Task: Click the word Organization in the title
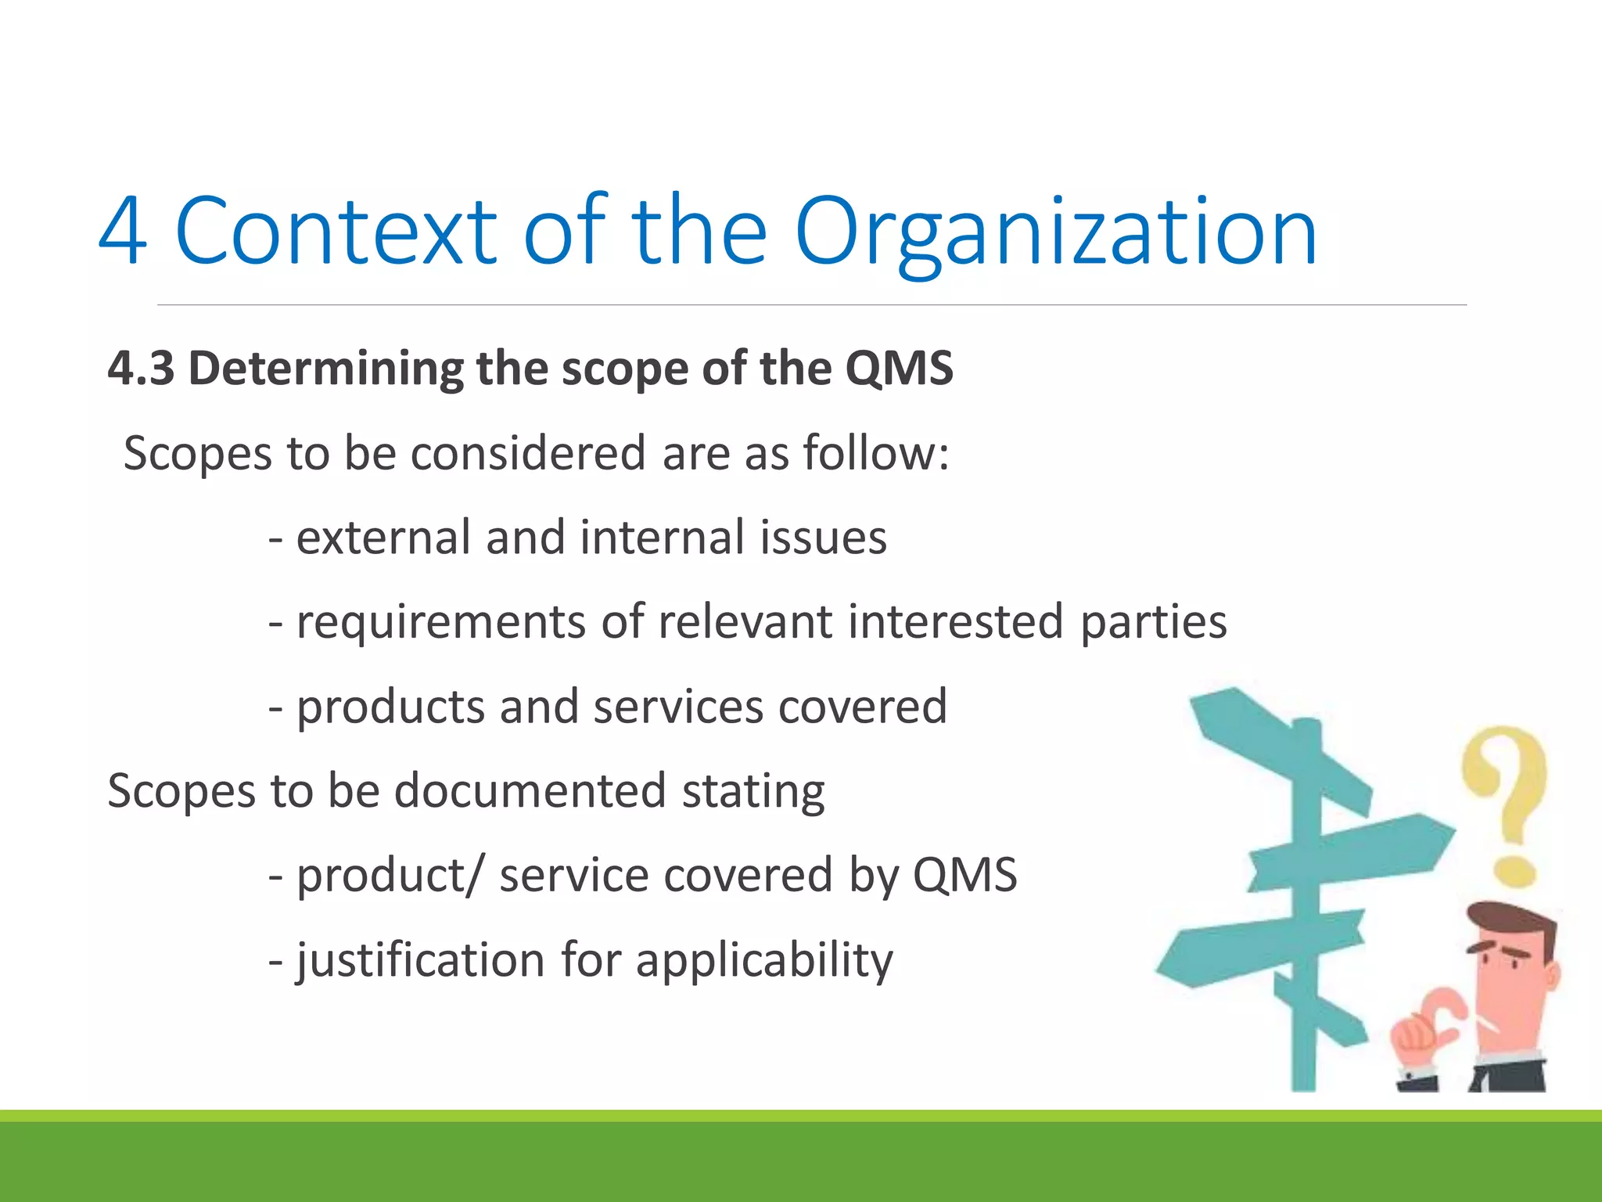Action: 1056,232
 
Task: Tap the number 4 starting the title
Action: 123,232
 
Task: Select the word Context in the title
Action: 336,232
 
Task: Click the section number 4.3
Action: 141,368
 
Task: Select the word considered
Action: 529,453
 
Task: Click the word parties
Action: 1153,622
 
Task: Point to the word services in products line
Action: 677,707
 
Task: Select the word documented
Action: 530,790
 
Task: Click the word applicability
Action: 764,959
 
